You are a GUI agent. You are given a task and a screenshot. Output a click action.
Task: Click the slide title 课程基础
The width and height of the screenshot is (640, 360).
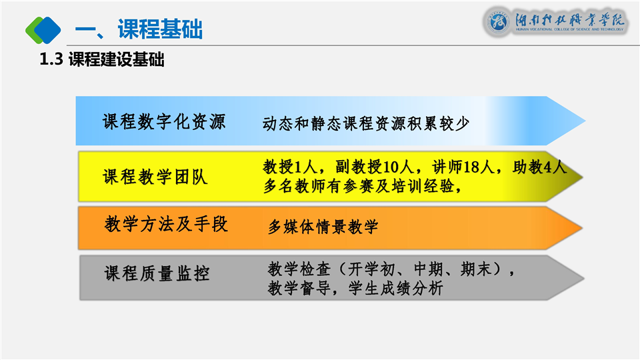pos(160,29)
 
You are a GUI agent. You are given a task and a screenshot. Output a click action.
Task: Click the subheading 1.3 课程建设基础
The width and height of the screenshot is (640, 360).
pos(101,59)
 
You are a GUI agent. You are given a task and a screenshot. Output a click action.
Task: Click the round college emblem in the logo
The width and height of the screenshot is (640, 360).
pos(498,21)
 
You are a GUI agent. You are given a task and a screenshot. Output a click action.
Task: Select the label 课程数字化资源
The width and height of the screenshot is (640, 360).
pos(164,121)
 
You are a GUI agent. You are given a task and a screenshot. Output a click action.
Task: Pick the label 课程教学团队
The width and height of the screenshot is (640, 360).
pos(155,177)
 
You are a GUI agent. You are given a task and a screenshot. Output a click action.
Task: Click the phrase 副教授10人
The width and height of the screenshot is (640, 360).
pos(374,167)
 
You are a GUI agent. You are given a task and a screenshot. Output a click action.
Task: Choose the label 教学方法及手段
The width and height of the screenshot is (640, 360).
pos(166,224)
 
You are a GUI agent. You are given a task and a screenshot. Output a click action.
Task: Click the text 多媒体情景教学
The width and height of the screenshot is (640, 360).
pos(323,227)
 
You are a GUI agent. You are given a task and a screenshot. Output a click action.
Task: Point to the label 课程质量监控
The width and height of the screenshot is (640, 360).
pos(157,273)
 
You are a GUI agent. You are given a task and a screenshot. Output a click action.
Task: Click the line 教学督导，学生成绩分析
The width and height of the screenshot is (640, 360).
pos(355,288)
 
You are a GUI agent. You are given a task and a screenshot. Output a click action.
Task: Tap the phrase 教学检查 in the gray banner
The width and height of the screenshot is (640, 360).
pos(299,269)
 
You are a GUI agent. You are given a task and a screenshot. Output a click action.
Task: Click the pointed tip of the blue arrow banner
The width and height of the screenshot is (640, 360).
pos(585,121)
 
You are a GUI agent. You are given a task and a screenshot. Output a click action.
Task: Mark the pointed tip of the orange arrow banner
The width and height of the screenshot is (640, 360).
pos(582,228)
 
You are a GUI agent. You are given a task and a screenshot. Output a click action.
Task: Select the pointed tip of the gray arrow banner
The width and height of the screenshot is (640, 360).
pos(584,279)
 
